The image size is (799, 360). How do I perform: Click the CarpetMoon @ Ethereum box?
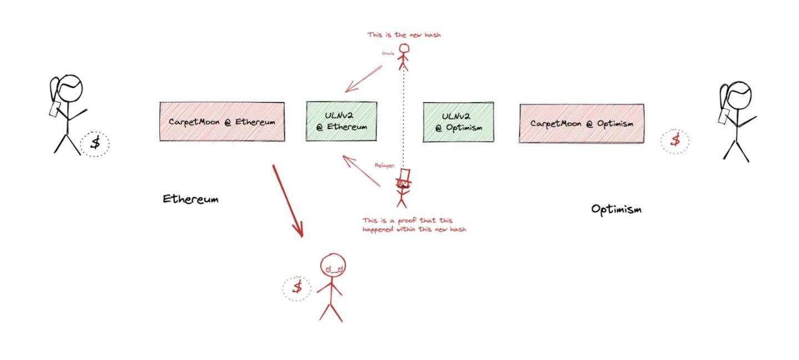[222, 121]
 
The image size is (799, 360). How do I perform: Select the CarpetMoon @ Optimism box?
[581, 124]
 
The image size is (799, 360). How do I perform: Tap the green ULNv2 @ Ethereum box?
[341, 121]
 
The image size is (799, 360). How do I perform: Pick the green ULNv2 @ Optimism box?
[458, 123]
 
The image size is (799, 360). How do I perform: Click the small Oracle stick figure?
[403, 58]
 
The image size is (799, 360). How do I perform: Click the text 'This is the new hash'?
[404, 35]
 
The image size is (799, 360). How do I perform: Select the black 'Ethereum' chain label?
[190, 199]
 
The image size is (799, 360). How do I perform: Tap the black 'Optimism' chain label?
[616, 209]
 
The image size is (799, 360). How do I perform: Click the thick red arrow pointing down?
[287, 200]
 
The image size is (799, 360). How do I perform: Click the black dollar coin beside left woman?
[95, 143]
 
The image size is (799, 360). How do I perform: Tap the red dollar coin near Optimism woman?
[675, 140]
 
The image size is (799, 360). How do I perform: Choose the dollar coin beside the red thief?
[297, 287]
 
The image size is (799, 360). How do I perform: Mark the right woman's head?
[739, 96]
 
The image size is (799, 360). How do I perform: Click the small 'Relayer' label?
[384, 165]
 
